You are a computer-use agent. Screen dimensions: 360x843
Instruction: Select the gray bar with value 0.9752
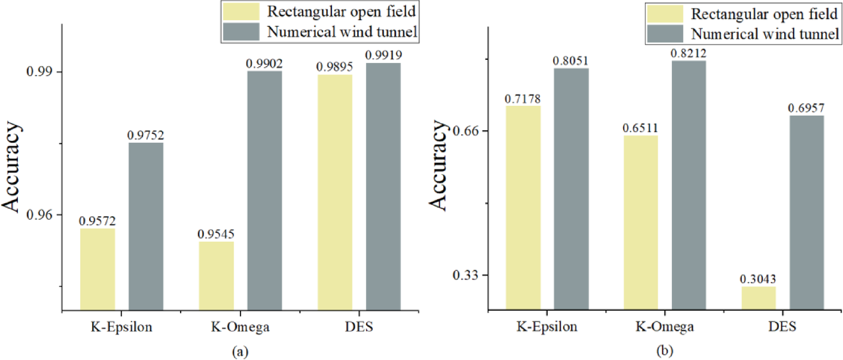146,226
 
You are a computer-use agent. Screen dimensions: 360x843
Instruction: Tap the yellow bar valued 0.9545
216,275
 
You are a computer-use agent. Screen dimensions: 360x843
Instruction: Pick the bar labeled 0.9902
264,190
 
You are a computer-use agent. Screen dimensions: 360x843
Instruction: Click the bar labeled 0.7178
523,207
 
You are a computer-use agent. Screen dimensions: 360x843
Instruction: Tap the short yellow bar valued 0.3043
758,298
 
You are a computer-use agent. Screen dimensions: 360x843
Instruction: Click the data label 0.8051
571,61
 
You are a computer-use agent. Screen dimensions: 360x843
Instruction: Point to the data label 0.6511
640,128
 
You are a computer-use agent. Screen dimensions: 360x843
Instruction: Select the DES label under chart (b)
782,326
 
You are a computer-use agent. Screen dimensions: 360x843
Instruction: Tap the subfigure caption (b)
664,350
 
